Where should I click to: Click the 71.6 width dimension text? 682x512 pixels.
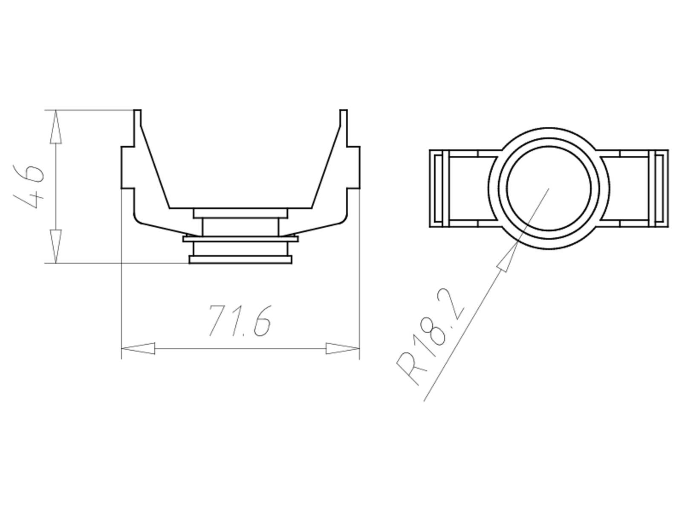pos(240,321)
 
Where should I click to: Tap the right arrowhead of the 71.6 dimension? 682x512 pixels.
pos(342,348)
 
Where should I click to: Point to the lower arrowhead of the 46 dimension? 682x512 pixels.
pos(56,246)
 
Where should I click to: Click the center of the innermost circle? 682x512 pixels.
pos(549,188)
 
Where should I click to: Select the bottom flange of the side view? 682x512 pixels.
pos(240,259)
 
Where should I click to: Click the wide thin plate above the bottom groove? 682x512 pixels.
pos(240,239)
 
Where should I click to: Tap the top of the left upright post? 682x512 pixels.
pos(137,112)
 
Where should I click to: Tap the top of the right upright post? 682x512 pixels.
pos(344,112)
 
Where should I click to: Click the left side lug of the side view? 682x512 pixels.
pos(128,167)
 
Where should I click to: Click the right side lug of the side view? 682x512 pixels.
pos(353,167)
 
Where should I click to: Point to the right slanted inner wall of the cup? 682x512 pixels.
pos(327,166)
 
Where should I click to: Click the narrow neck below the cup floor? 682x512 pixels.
pos(240,227)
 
